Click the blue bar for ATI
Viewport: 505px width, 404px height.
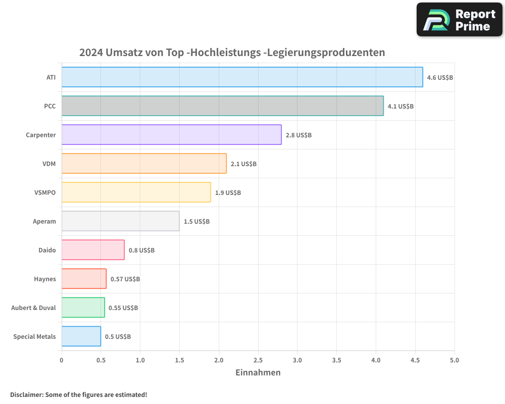coord(242,77)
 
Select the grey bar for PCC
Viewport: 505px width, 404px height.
coord(222,106)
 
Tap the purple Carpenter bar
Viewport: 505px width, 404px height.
coord(171,135)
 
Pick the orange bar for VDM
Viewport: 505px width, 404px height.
coord(144,164)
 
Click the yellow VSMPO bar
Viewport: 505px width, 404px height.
coord(136,192)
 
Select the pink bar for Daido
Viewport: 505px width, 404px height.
coord(93,250)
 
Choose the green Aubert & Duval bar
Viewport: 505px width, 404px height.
coord(83,308)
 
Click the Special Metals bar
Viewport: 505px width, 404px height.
coord(81,336)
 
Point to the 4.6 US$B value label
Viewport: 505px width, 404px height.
coord(440,78)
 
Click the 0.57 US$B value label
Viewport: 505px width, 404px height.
coord(125,279)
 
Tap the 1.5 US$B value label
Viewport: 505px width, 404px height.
coord(196,222)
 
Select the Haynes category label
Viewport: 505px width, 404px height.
coord(45,279)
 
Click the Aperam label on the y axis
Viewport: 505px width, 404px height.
coord(44,222)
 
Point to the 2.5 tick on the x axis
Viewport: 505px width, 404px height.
coord(258,361)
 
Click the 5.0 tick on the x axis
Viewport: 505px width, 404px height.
coord(454,361)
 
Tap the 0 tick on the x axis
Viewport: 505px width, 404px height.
coord(62,361)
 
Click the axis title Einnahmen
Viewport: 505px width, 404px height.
coord(258,373)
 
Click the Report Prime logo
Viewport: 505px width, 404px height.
coord(460,20)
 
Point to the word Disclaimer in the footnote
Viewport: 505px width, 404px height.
coord(26,394)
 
